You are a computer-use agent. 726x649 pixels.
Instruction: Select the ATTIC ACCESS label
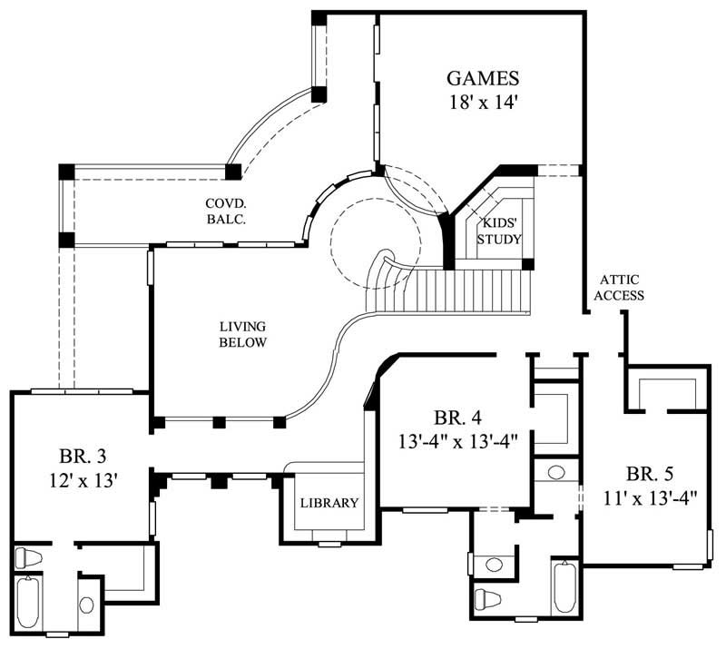[x=621, y=288]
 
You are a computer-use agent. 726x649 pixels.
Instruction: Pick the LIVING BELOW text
[x=242, y=333]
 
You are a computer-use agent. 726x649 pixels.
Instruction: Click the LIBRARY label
[x=329, y=503]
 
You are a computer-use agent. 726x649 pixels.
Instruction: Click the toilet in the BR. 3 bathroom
[x=29, y=557]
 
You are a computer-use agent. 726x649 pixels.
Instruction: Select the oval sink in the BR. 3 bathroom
[x=87, y=605]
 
